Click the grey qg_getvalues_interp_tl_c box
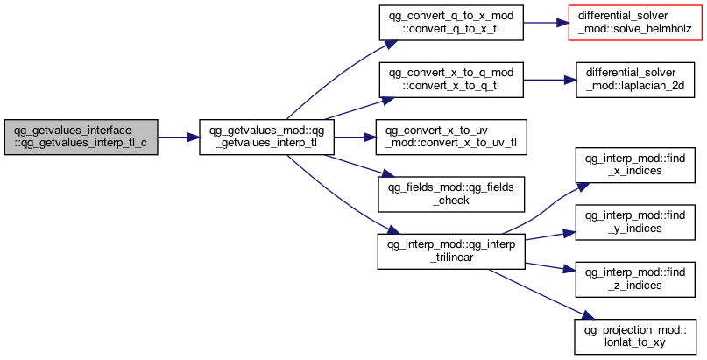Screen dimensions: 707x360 tap(81, 137)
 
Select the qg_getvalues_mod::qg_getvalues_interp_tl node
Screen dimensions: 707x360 tap(266, 137)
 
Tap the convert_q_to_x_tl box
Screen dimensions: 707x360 tap(451, 23)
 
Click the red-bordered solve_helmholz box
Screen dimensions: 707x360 tap(634, 23)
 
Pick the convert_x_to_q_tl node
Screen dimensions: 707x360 tap(451, 80)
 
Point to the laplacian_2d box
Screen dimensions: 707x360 tap(635, 80)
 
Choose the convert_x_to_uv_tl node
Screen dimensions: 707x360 tap(451, 137)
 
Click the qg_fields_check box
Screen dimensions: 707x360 tap(451, 194)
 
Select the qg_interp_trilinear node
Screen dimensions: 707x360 tap(451, 251)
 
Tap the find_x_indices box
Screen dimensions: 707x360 tap(635, 165)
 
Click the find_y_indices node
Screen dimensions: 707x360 tap(635, 222)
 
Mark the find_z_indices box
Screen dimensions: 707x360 tap(635, 279)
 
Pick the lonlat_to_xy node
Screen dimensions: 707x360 tap(635, 336)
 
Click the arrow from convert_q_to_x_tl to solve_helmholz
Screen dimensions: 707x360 tap(546, 23)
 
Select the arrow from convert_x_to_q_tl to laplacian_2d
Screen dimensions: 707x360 tap(549, 80)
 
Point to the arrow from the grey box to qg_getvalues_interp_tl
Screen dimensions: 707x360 tap(179, 137)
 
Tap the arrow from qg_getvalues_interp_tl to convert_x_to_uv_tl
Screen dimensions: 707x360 tap(355, 137)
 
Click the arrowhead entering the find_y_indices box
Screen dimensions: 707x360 tap(570, 233)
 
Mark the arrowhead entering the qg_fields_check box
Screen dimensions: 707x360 tap(389, 175)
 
